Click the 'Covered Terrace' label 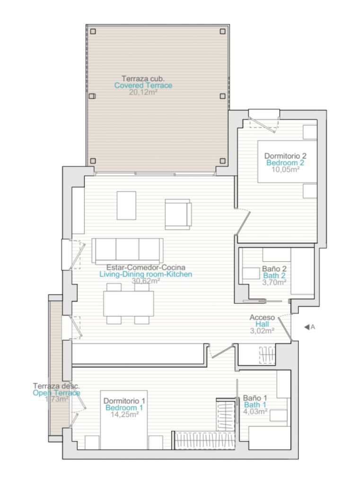click(x=143, y=86)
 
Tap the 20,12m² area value click(x=143, y=92)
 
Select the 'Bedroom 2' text click(x=285, y=163)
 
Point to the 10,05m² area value click(x=285, y=169)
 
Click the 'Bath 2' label click(x=274, y=276)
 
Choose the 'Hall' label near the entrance click(x=262, y=324)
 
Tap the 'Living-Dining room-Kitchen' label click(x=146, y=274)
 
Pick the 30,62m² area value click(x=146, y=281)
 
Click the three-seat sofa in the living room click(x=127, y=251)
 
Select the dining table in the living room click(x=129, y=303)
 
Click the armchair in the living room click(x=178, y=214)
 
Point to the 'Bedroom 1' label click(x=124, y=408)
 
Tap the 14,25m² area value click(x=124, y=414)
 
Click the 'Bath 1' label click(x=255, y=405)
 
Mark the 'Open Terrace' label click(x=56, y=393)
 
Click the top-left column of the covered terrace click(x=93, y=32)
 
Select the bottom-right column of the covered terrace click(x=222, y=161)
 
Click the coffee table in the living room click(x=126, y=206)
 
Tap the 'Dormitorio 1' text click(x=124, y=401)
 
